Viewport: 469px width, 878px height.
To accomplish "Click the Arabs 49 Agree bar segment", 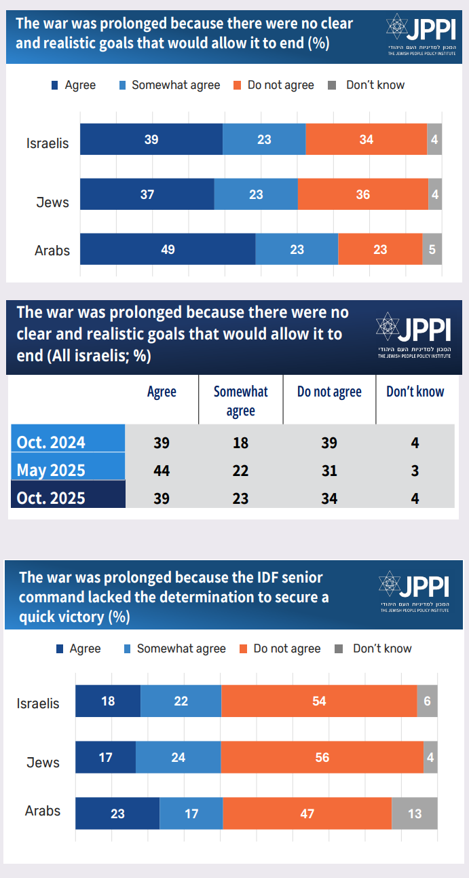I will pos(168,249).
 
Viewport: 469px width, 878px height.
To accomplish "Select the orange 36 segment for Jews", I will pos(363,194).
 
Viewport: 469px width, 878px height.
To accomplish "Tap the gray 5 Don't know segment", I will pos(432,249).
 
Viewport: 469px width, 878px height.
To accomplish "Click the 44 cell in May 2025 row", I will pos(162,471).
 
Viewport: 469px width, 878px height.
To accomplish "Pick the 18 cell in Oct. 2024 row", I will pos(240,443).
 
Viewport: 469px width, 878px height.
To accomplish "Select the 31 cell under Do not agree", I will pos(329,471).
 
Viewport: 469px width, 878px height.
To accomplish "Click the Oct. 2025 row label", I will pos(52,498).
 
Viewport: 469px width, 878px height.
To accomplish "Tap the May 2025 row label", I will pos(52,471).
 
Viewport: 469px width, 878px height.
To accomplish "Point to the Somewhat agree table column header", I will pos(240,401).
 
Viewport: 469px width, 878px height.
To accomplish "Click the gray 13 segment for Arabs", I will pos(415,813).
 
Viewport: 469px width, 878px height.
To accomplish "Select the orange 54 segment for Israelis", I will pos(319,701).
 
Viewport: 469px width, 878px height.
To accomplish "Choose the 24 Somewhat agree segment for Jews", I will pos(178,756).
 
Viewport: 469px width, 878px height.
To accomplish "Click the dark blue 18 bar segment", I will pos(108,701).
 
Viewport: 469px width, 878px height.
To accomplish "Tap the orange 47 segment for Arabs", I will pos(307,813).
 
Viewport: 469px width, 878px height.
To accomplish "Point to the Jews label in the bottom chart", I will pos(43,763).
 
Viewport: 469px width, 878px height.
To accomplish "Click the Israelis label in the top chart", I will pos(48,143).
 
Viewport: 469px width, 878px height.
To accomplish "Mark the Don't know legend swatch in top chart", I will pos(332,86).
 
